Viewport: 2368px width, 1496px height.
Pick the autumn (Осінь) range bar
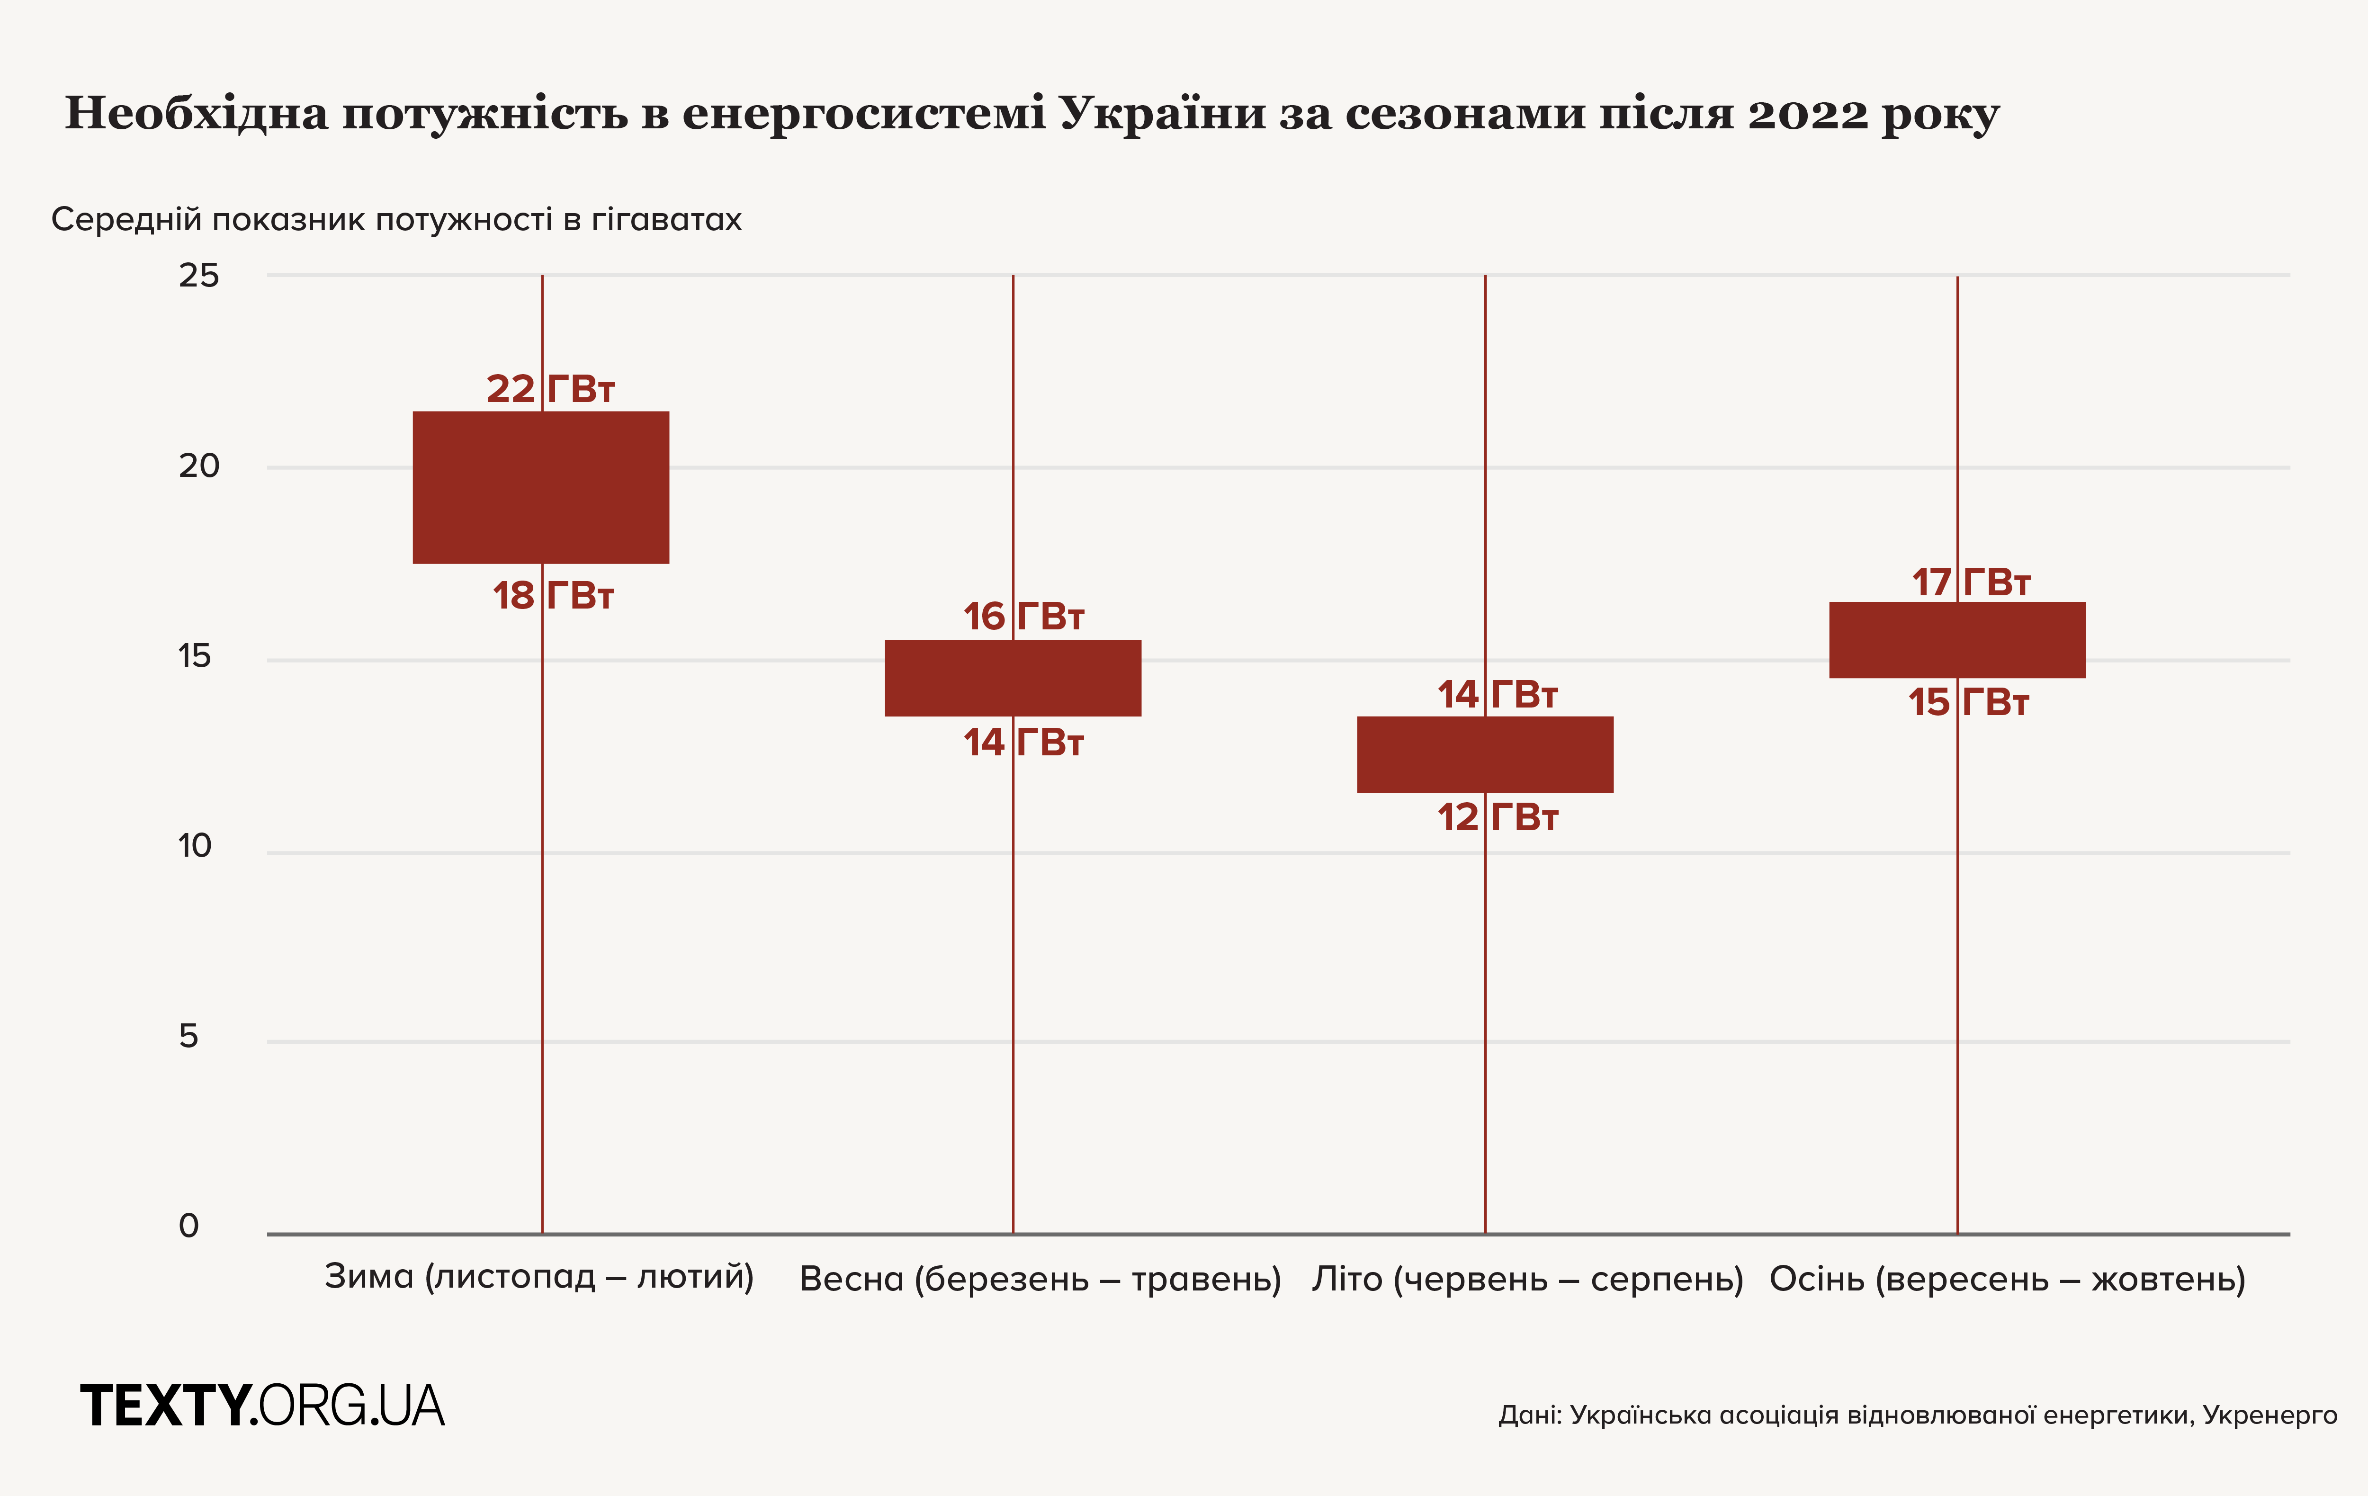point(1957,639)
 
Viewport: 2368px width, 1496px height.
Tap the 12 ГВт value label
point(1497,817)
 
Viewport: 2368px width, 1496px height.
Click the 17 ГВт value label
point(1970,582)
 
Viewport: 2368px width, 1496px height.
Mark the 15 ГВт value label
point(1968,702)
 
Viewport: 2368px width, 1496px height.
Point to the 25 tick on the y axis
point(198,276)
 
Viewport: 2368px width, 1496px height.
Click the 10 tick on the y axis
point(195,846)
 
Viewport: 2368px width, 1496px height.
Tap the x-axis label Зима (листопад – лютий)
point(539,1277)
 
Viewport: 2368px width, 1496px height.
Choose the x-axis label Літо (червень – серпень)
point(1527,1279)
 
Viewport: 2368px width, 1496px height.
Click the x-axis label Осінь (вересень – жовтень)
point(2007,1279)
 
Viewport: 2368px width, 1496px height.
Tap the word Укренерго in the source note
point(2269,1415)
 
